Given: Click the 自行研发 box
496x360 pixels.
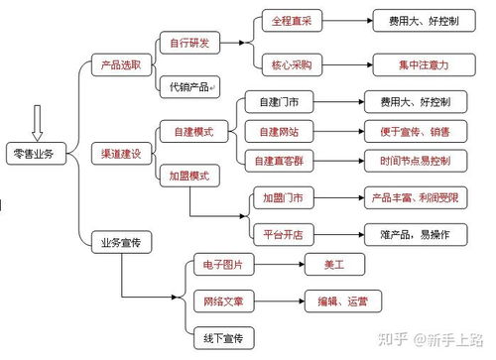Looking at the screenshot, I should point(189,42).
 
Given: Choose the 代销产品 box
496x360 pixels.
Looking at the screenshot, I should point(189,86).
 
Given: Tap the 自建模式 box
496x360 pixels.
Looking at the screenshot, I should point(189,131).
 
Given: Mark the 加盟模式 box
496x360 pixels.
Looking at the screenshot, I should point(189,175).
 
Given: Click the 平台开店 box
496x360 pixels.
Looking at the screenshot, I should point(283,235).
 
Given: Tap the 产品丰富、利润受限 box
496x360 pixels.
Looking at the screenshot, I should point(411,198).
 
